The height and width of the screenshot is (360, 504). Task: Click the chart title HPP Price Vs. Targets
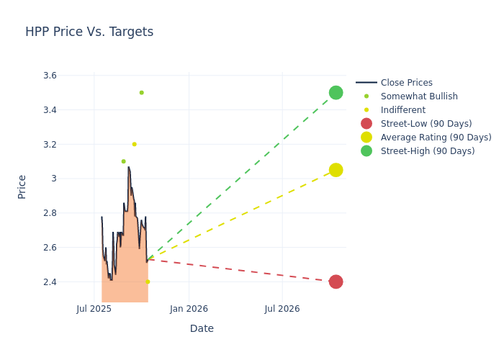pyautogui.click(x=89, y=32)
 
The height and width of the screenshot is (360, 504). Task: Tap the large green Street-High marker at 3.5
pyautogui.click(x=336, y=93)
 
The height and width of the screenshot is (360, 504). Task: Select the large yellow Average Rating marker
pyautogui.click(x=336, y=170)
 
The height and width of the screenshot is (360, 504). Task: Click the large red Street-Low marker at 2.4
pyautogui.click(x=336, y=282)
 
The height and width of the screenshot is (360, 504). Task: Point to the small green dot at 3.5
pyautogui.click(x=141, y=93)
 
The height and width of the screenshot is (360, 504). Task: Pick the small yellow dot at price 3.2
pyautogui.click(x=134, y=144)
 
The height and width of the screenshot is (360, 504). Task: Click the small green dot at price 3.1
pyautogui.click(x=123, y=161)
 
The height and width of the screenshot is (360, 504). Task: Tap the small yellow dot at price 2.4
pyautogui.click(x=148, y=282)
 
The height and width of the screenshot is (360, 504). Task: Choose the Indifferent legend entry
pyautogui.click(x=402, y=110)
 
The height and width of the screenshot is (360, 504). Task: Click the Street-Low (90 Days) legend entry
pyautogui.click(x=426, y=124)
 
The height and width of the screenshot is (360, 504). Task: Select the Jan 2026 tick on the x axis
pyautogui.click(x=189, y=309)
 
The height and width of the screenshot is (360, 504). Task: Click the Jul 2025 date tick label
pyautogui.click(x=94, y=309)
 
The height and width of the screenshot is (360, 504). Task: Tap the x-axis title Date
pyautogui.click(x=202, y=329)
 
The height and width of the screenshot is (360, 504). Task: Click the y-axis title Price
pyautogui.click(x=22, y=186)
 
